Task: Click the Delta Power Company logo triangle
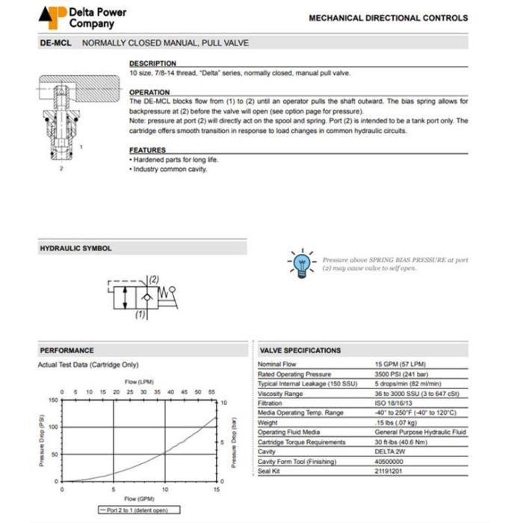click(53, 16)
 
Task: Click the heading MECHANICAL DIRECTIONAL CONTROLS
click(388, 18)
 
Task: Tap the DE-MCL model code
click(55, 43)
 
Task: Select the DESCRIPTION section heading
click(152, 64)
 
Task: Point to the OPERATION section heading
click(149, 92)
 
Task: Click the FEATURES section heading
click(147, 150)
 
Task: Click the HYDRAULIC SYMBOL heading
click(75, 248)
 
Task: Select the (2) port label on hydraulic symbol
click(153, 279)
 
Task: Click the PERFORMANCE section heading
click(66, 350)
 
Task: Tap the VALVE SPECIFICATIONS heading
click(300, 350)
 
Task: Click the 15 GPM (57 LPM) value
click(401, 364)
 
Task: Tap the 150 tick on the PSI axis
click(53, 400)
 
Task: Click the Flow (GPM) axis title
click(138, 498)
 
